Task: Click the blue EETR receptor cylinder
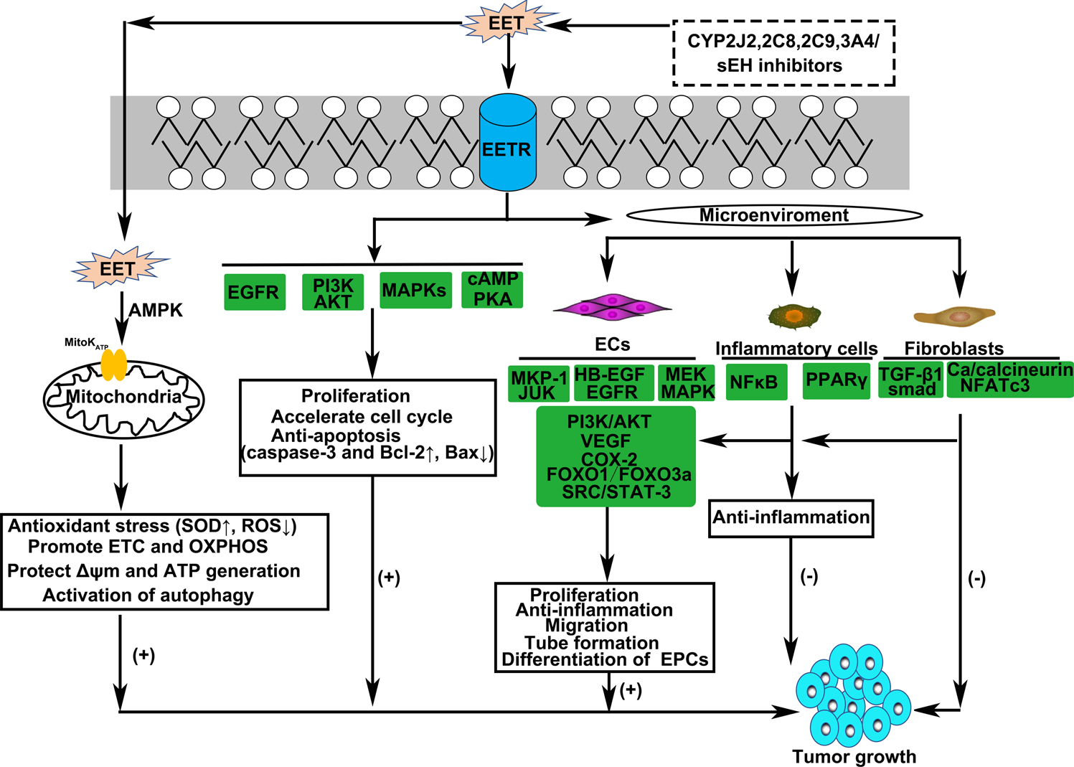(x=507, y=143)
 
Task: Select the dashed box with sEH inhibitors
(x=783, y=53)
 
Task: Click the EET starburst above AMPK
(x=118, y=269)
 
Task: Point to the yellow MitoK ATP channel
(x=113, y=364)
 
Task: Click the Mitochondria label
(x=124, y=397)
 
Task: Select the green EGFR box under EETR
(x=254, y=292)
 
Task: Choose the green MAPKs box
(x=415, y=291)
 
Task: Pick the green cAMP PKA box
(x=492, y=289)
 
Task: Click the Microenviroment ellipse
(x=774, y=215)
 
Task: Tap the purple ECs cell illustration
(x=612, y=307)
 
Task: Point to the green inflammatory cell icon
(x=793, y=314)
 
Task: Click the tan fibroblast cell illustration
(x=954, y=315)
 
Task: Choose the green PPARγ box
(x=836, y=380)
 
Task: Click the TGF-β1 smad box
(x=910, y=381)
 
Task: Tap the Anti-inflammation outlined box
(x=791, y=518)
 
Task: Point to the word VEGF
(x=606, y=441)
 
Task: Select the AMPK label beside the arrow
(x=156, y=311)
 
